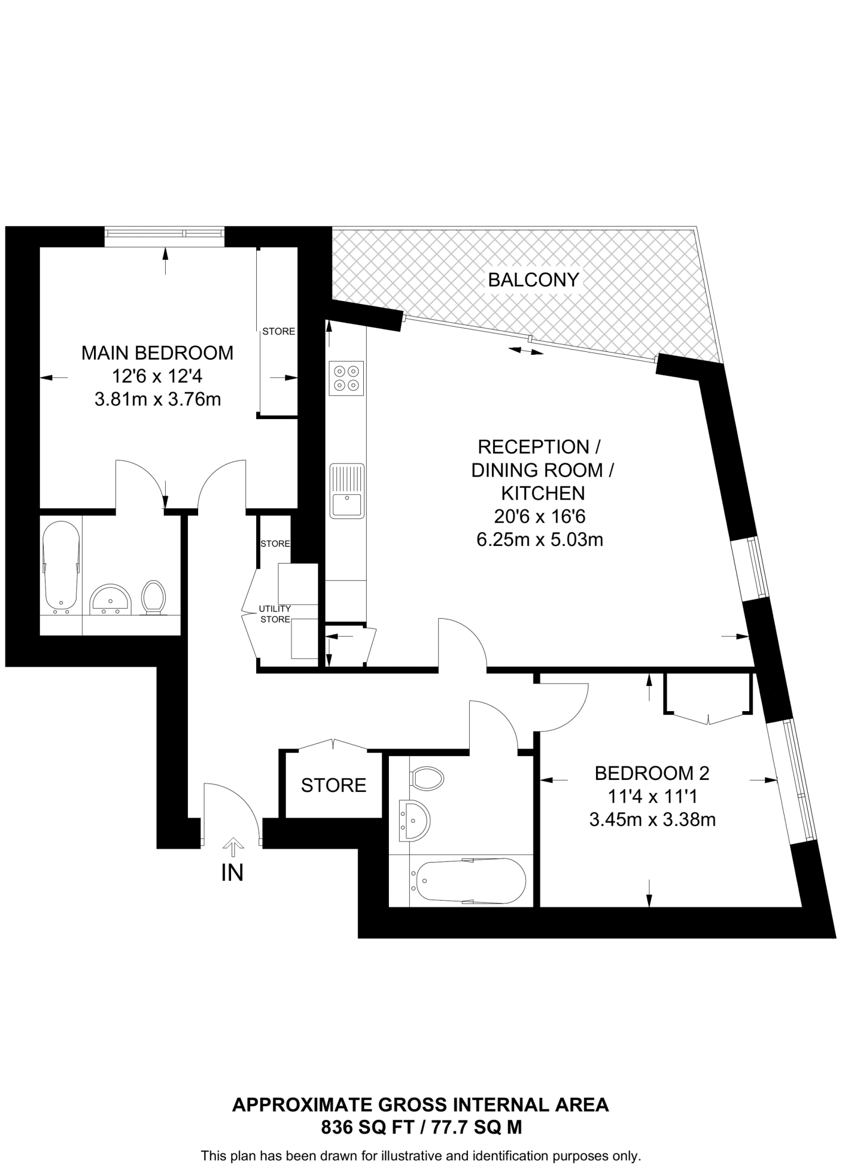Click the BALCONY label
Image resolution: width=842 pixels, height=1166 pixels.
coord(533,280)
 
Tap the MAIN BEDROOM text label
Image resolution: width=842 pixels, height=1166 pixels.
coord(157,353)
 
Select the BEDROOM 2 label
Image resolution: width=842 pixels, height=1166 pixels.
coord(652,773)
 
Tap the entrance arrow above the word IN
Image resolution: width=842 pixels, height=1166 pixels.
coord(233,847)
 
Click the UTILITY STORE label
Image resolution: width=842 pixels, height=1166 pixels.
coord(275,614)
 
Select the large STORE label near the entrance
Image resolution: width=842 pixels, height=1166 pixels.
coord(334,786)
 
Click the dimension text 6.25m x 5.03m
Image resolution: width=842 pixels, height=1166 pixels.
coord(540,540)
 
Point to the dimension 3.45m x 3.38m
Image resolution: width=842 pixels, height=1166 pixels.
coord(652,820)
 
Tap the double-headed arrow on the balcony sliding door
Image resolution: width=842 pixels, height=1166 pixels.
coord(526,351)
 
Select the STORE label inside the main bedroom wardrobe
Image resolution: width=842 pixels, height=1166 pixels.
coord(278,331)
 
